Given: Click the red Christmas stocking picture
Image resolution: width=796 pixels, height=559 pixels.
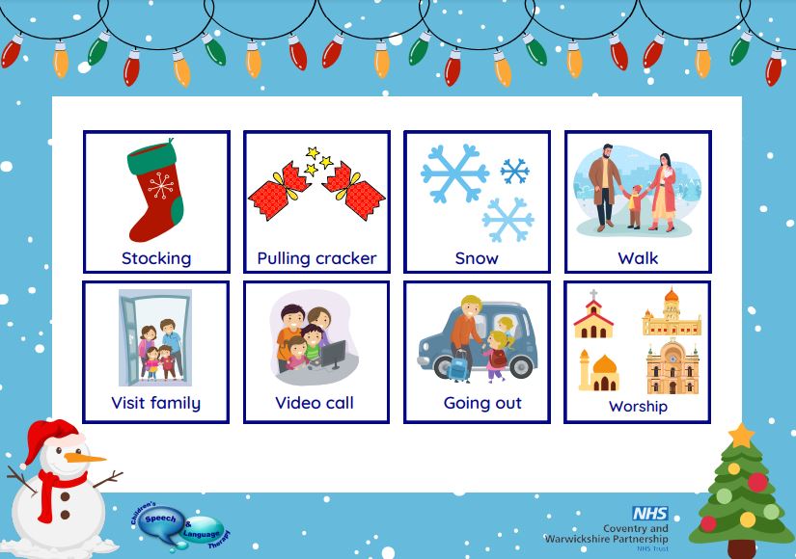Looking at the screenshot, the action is pyautogui.click(x=154, y=190).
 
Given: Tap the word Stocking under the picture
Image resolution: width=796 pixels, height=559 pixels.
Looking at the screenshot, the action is pyautogui.click(x=156, y=258).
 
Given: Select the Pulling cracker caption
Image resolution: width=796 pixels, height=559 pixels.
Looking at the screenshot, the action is pyautogui.click(x=316, y=258).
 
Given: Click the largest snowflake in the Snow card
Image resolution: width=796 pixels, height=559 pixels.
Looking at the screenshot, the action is pyautogui.click(x=454, y=173).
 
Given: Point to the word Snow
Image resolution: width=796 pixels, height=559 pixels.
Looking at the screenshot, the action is pyautogui.click(x=477, y=258).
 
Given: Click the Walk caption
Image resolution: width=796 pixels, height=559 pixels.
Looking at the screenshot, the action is pyautogui.click(x=638, y=258).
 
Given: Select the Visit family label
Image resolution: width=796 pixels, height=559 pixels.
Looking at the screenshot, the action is pyautogui.click(x=156, y=403).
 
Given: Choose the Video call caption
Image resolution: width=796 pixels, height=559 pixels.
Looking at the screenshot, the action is pyautogui.click(x=315, y=403).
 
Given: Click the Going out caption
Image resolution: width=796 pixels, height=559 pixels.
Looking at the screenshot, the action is pyautogui.click(x=482, y=404).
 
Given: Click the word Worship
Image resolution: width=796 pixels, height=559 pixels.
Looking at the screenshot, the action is pyautogui.click(x=638, y=407).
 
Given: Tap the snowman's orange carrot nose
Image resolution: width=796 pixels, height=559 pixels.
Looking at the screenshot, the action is pyautogui.click(x=84, y=458).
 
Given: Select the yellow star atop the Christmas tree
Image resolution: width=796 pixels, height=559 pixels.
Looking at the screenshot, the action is pyautogui.click(x=742, y=436).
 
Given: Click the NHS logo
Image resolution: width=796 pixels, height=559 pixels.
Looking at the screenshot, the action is pyautogui.click(x=650, y=514).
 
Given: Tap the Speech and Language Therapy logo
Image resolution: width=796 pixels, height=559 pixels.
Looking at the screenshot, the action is pyautogui.click(x=180, y=527).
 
